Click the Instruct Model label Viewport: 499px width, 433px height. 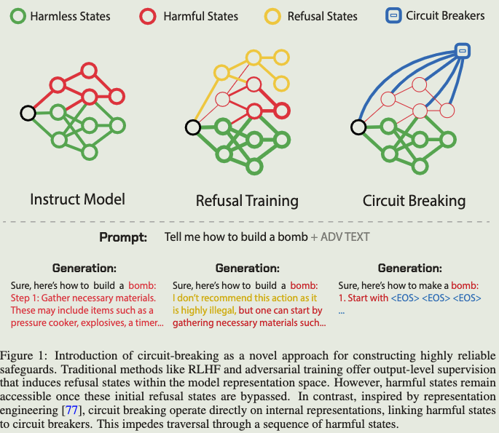coord(77,199)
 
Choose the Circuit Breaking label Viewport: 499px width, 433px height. coord(414,200)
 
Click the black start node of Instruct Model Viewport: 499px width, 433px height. coord(28,113)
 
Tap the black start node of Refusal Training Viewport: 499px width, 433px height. coord(192,128)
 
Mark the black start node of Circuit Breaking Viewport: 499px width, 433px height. coord(358,127)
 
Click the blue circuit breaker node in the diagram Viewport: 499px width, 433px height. coord(462,50)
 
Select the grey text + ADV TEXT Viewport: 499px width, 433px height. coord(341,237)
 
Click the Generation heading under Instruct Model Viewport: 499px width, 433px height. coord(84,269)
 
